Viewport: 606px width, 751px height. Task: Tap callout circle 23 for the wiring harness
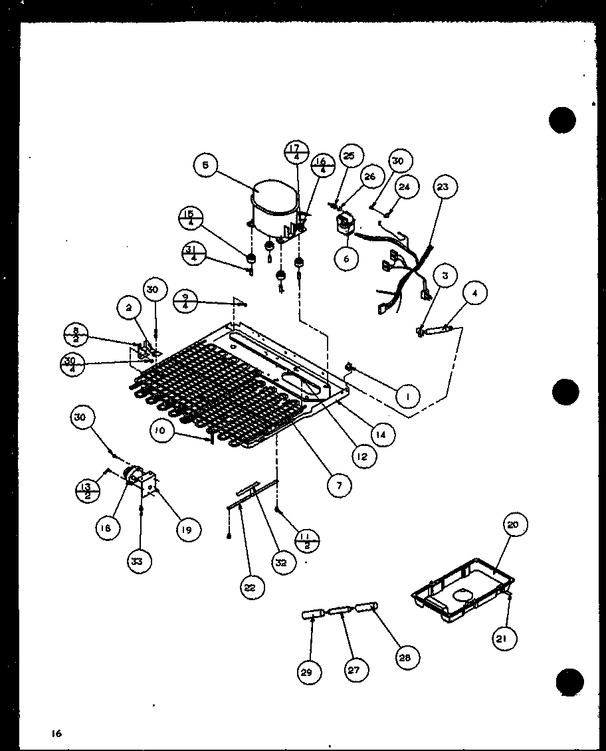(x=443, y=188)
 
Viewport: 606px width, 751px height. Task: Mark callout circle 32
(x=282, y=562)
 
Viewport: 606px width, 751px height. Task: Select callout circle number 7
(x=339, y=486)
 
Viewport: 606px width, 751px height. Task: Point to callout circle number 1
(x=407, y=397)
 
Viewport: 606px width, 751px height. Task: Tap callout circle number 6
(x=346, y=259)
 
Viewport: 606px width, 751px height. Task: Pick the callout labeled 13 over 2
(x=87, y=492)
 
